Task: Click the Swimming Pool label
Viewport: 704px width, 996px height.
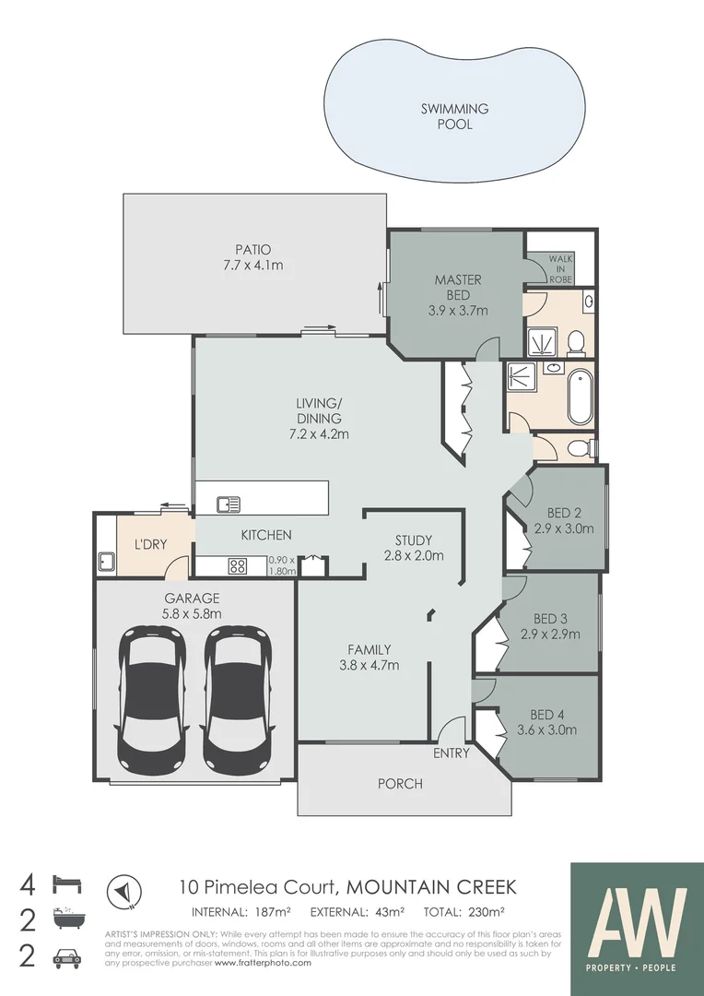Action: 454,116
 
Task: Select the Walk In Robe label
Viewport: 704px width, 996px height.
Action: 560,268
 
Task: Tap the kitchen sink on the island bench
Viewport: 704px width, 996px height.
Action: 229,504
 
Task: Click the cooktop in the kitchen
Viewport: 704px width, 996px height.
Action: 237,567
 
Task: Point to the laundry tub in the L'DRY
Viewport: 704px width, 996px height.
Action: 106,560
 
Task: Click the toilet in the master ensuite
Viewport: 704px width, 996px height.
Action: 576,343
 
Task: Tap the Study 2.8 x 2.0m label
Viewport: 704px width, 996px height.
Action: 414,548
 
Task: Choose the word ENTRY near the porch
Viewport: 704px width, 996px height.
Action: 452,753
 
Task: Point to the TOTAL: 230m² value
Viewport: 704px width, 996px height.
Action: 463,913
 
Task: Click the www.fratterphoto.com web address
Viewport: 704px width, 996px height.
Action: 263,963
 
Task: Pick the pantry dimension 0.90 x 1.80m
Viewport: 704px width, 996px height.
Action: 281,565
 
